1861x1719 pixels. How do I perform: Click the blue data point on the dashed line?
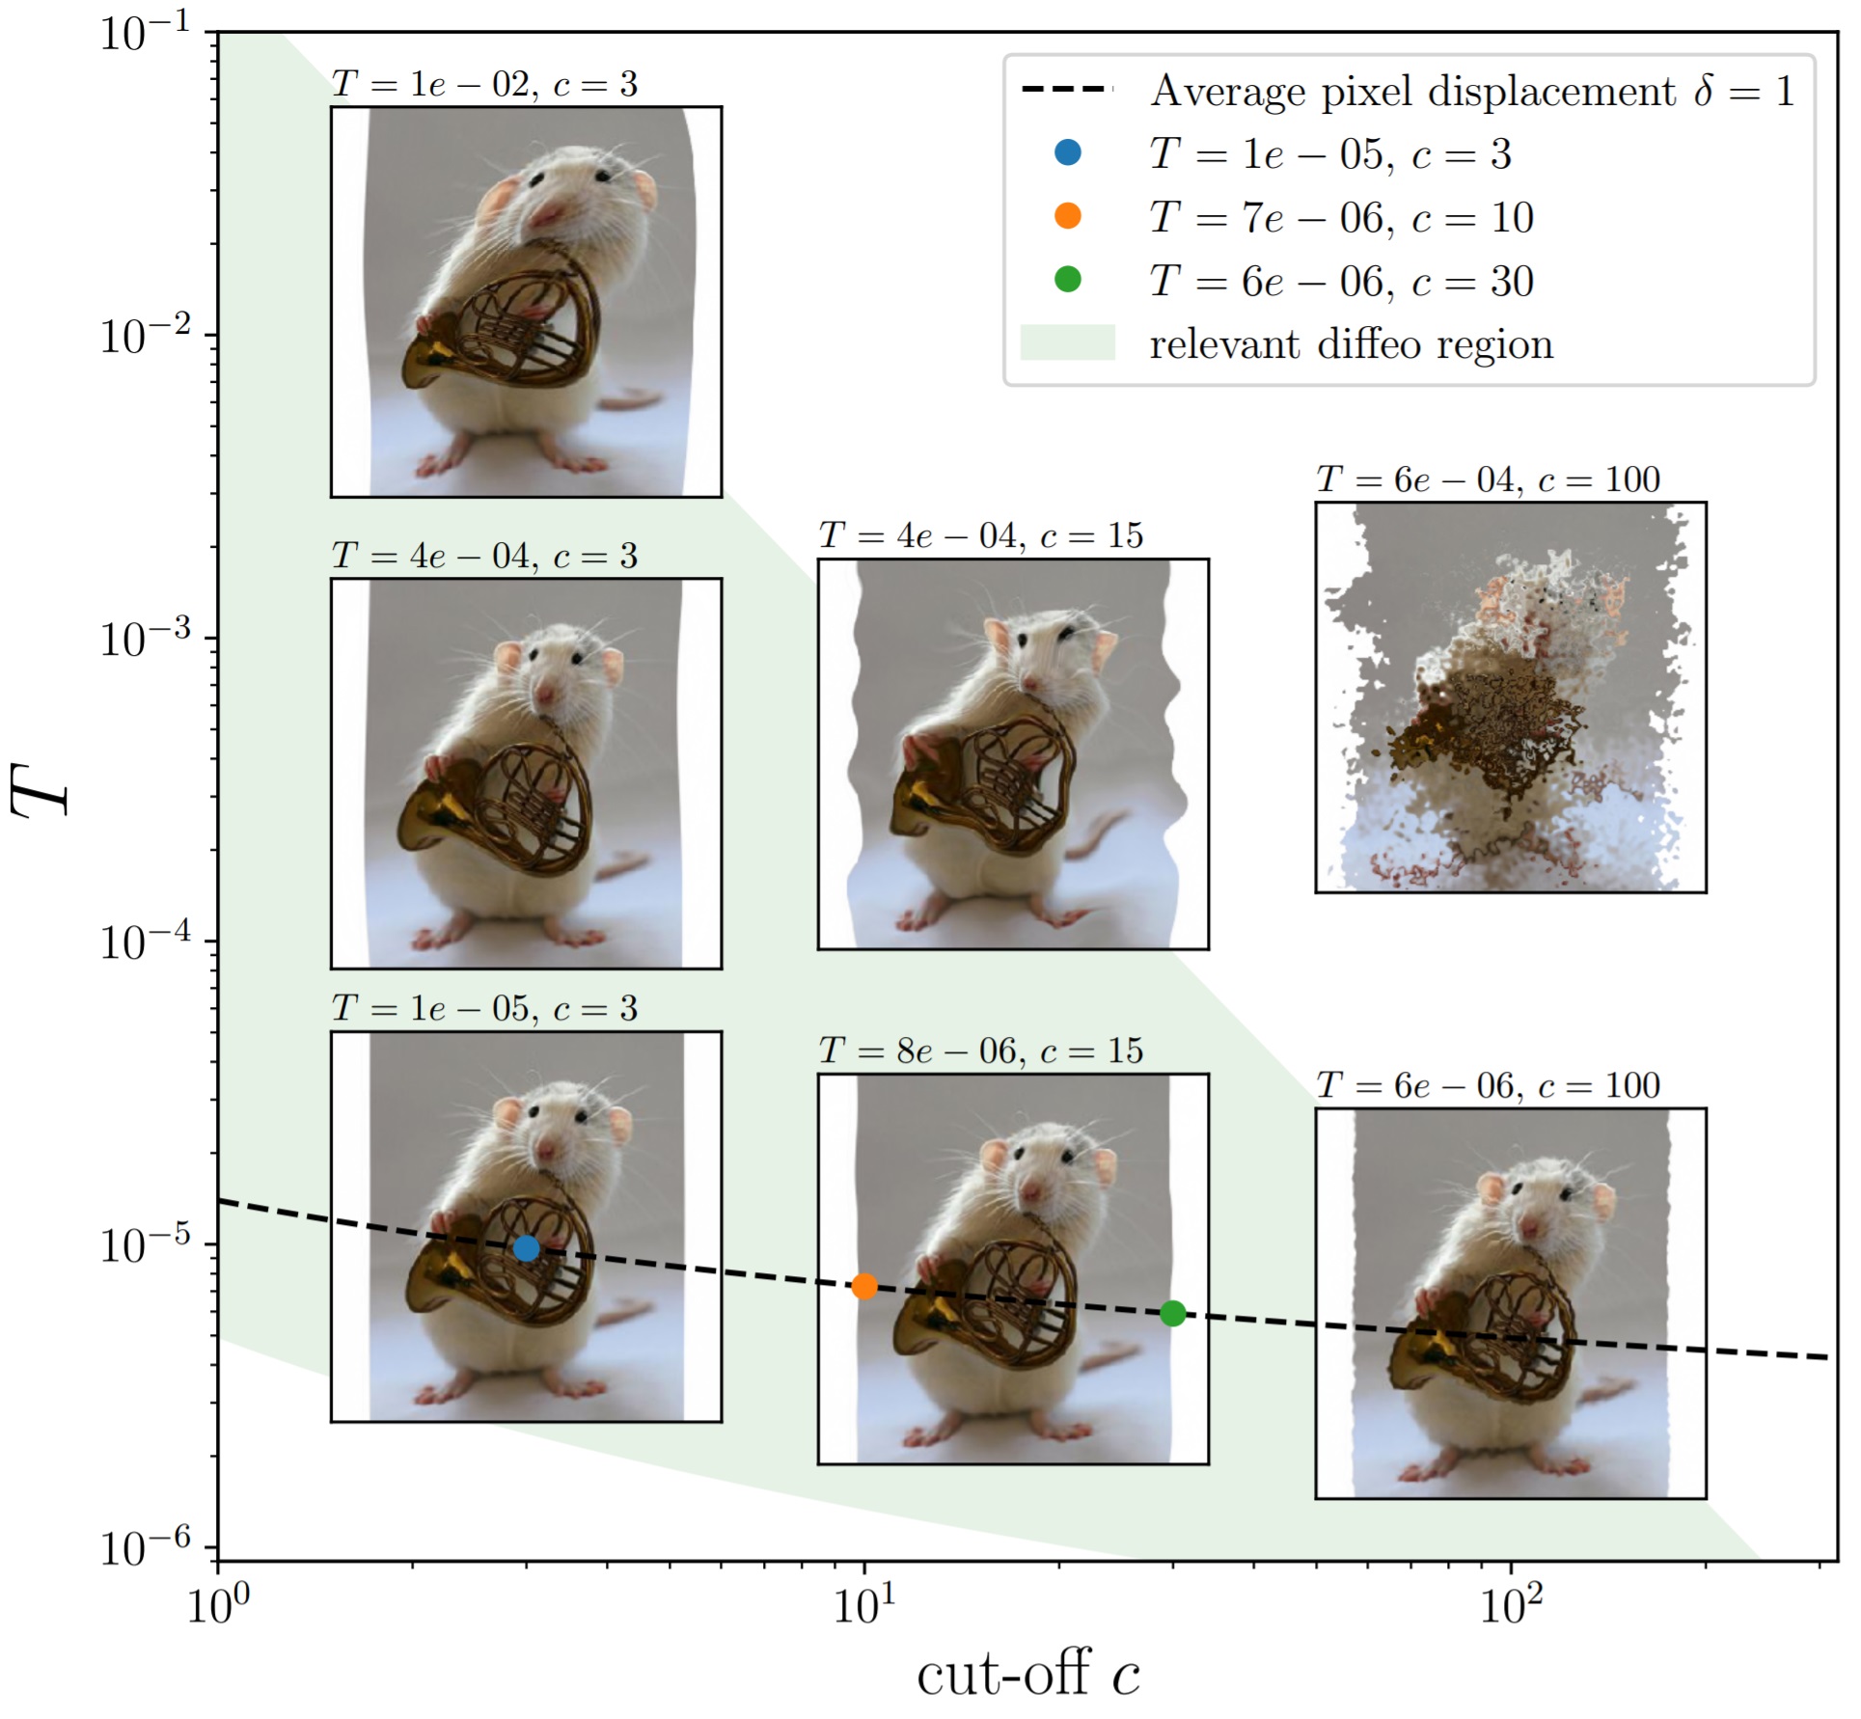pos(526,1248)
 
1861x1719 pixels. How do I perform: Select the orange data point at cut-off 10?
pos(864,1286)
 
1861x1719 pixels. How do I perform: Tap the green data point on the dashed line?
pos(1172,1313)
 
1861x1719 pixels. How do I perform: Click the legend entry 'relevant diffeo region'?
pos(1351,344)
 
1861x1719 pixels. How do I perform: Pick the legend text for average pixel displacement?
pos(1471,91)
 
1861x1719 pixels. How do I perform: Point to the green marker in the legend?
pos(1068,280)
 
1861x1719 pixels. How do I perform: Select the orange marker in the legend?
pos(1068,216)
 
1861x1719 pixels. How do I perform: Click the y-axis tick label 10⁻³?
pos(145,638)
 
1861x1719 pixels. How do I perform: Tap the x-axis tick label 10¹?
pos(863,1605)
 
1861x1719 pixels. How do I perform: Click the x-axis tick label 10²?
pos(1511,1605)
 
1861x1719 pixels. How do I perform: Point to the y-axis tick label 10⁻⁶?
pos(145,1547)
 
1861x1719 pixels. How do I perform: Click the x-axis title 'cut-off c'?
pos(1027,1676)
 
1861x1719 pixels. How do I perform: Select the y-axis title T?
pos(41,789)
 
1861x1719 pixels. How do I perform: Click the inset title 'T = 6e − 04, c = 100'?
pos(1488,479)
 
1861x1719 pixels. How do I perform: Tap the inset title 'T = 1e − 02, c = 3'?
pos(484,85)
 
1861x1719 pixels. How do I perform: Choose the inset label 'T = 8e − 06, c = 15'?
pos(980,1050)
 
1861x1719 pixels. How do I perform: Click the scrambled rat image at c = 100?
pos(1510,696)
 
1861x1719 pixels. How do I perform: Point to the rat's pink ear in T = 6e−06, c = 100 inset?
pos(1492,1188)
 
